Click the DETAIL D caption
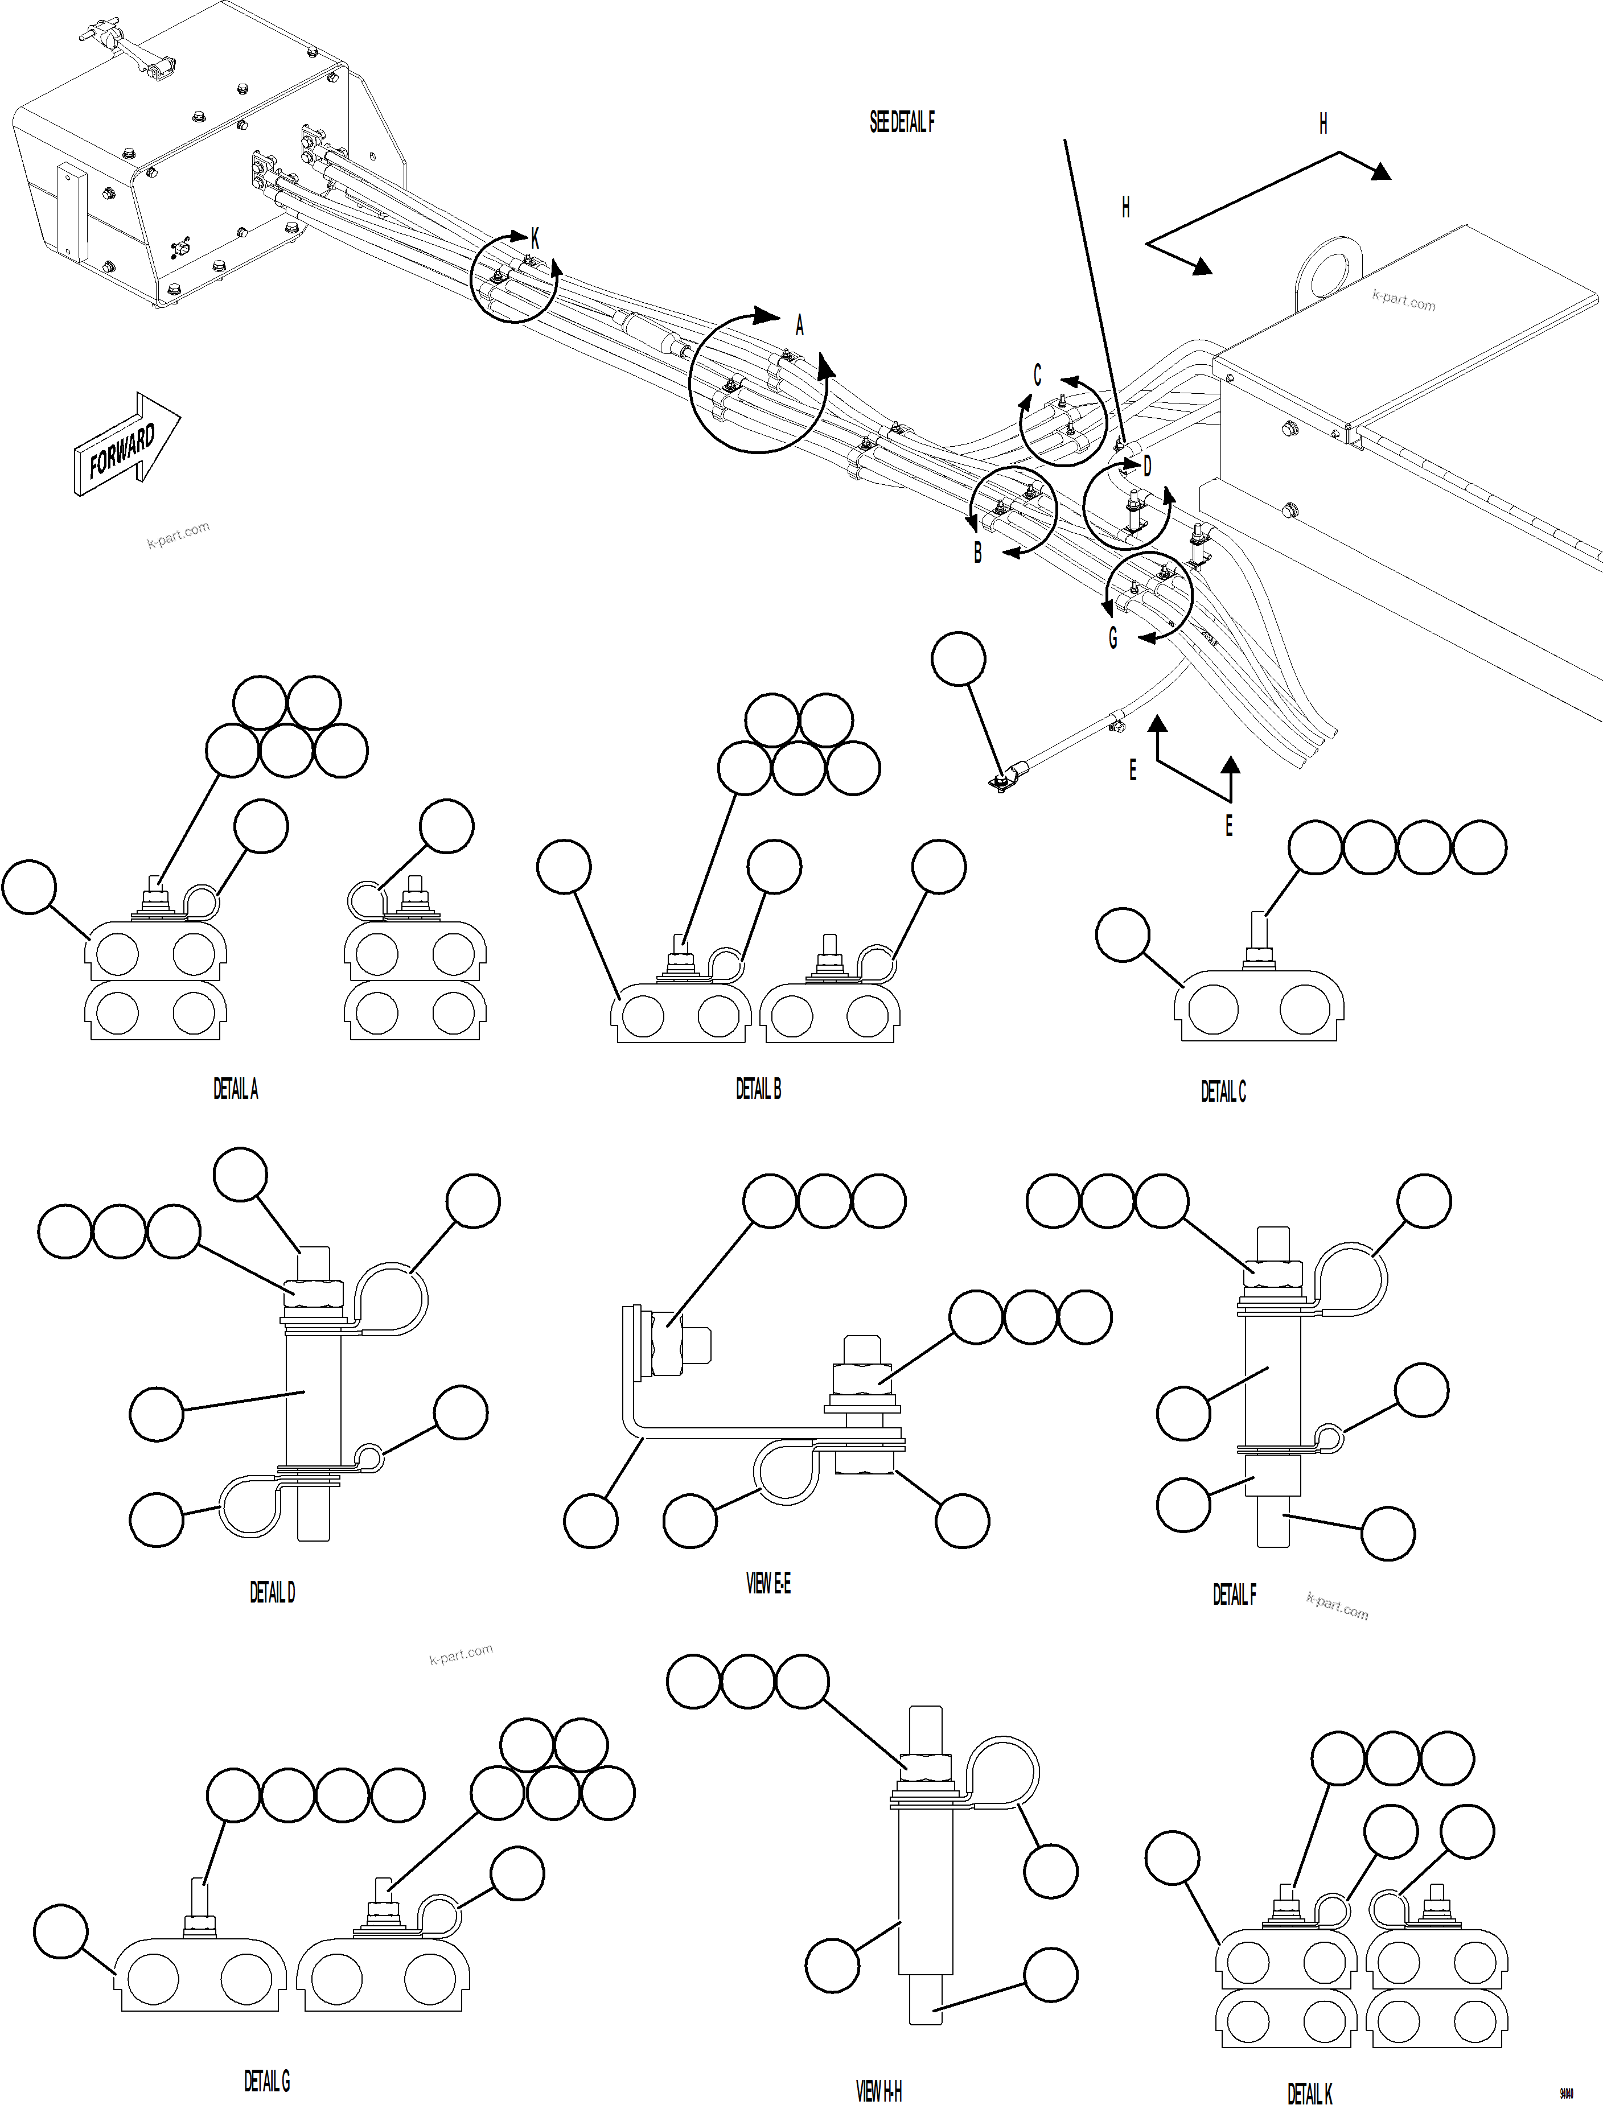[x=272, y=1592]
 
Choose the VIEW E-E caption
[x=767, y=1583]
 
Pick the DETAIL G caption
[x=266, y=2081]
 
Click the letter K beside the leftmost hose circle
[x=535, y=240]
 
